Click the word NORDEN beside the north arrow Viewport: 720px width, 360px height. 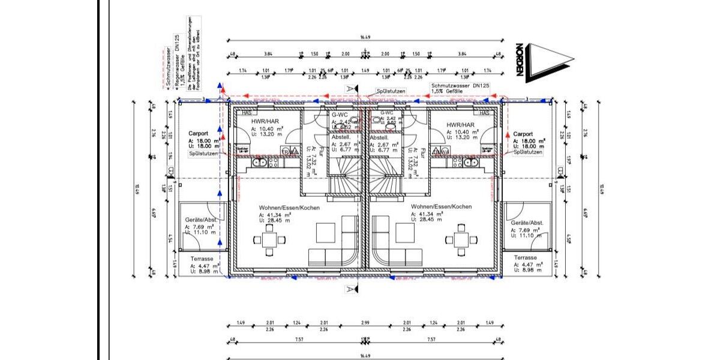click(520, 61)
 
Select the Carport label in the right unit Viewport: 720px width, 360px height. click(523, 134)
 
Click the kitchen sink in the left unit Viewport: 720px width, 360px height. click(262, 161)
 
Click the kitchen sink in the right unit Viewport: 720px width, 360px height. click(467, 161)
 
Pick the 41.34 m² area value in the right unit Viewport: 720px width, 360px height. click(428, 214)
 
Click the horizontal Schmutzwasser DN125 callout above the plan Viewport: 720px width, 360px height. click(460, 86)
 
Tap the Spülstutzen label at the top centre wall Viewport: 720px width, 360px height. click(391, 91)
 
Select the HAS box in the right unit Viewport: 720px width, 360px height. click(484, 113)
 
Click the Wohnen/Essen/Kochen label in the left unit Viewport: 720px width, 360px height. click(289, 207)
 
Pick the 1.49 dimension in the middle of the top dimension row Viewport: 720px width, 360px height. click(364, 70)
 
